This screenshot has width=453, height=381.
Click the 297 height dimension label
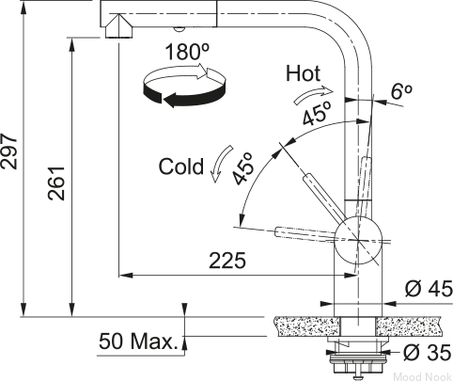point(8,151)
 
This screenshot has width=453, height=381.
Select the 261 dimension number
point(56,183)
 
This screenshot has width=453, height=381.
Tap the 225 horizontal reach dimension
point(227,261)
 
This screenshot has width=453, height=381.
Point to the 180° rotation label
point(187,52)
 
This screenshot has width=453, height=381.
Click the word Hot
point(303,73)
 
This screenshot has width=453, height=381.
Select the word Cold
point(181,167)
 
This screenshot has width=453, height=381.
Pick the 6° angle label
point(401,91)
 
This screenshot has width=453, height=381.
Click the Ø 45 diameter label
point(429,289)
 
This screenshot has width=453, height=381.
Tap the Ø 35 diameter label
point(427,353)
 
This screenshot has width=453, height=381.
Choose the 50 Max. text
point(138,341)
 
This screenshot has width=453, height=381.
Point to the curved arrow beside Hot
point(313,95)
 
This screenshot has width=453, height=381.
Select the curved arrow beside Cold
point(221,163)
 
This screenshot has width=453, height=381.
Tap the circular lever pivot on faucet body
point(358,240)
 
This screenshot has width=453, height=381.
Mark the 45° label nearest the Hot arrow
point(317,113)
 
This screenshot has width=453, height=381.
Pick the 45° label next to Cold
point(242,168)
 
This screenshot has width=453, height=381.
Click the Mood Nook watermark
point(422,376)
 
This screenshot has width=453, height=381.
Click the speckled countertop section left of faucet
point(306,326)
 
